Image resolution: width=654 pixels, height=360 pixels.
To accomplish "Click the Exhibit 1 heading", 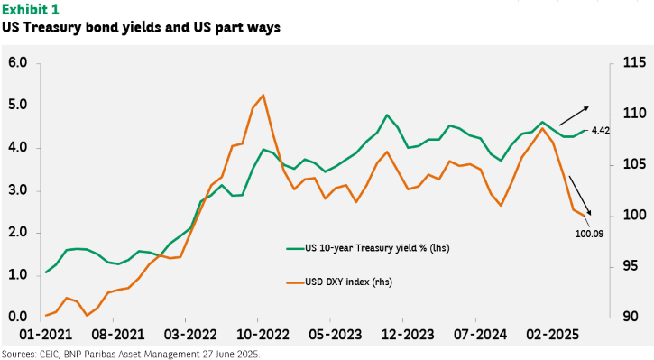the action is [31, 9].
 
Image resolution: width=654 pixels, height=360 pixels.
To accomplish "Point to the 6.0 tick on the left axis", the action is [17, 63].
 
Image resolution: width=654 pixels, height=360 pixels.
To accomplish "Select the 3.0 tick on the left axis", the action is [17, 190].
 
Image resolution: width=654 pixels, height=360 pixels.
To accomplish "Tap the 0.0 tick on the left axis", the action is [17, 317].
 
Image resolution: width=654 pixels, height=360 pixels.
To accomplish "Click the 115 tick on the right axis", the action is [634, 63].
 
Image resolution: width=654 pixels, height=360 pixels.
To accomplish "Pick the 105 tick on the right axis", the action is [634, 164].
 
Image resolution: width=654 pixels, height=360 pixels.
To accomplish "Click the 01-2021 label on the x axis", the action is [46, 335].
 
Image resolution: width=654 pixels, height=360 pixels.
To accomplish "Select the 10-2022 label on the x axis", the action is [263, 335].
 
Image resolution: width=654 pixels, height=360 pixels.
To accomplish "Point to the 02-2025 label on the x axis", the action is [553, 335].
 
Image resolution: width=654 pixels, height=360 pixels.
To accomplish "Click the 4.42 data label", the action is [601, 131].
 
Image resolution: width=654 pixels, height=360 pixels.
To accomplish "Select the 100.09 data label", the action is [589, 234].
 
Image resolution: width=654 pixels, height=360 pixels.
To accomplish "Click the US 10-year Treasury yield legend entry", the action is [368, 248].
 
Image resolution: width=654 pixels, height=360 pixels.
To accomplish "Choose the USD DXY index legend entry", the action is [339, 282].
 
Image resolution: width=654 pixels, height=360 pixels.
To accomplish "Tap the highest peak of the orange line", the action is [263, 95].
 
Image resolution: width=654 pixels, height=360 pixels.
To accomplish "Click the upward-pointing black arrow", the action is [574, 116].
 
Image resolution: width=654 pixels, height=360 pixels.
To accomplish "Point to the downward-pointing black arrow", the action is [580, 196].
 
